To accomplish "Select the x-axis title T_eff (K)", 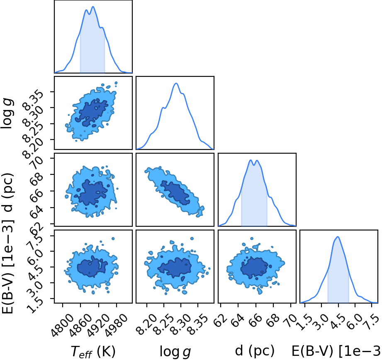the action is pos(93,351).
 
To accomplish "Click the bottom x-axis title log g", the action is pos(175,352).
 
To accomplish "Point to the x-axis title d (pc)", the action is pos(255,351).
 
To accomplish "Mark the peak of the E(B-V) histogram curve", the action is pos(338,237).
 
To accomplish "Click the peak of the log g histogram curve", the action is pos(176,83).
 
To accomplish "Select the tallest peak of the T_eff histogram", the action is pos(93,7).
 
